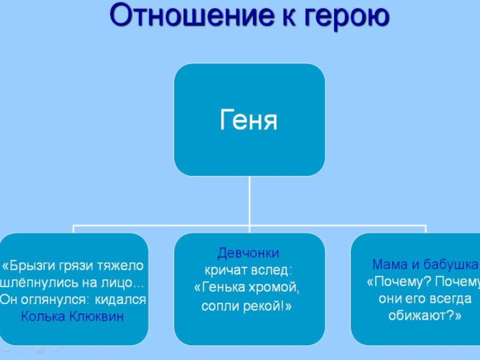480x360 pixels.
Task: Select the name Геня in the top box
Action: [249, 120]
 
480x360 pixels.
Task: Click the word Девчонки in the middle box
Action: [248, 253]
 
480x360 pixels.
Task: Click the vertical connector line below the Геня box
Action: [249, 201]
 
